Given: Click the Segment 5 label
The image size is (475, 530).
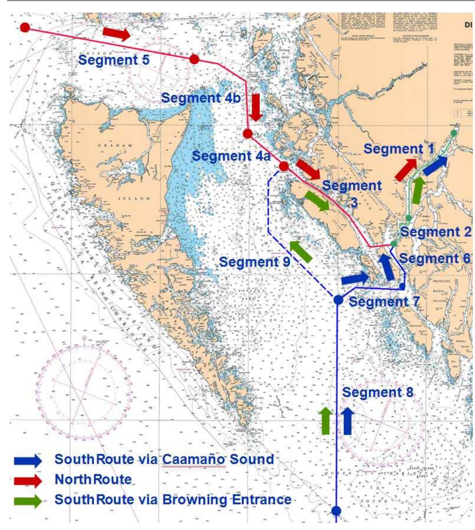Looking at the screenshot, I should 114,60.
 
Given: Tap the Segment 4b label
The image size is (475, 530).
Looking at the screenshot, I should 201,98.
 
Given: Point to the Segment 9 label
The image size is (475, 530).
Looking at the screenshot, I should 254,262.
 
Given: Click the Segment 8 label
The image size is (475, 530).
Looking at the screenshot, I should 378,392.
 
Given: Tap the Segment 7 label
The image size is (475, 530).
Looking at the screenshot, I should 384,302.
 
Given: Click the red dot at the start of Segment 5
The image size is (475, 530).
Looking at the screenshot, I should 25,27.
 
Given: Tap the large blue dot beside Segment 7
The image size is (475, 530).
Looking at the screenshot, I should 338,300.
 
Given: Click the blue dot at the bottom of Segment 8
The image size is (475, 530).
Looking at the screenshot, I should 336,510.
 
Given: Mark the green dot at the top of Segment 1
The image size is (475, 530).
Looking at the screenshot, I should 454,133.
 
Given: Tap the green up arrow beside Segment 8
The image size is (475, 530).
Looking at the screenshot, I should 325,421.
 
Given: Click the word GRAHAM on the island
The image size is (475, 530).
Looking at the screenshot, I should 115,145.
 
